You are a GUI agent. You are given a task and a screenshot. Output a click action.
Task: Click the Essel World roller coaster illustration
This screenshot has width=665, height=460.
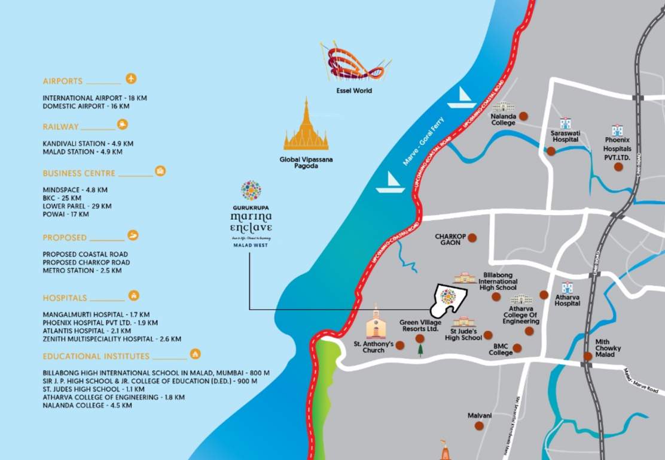(354, 62)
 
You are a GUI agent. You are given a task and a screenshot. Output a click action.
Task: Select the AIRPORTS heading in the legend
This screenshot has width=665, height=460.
(63, 81)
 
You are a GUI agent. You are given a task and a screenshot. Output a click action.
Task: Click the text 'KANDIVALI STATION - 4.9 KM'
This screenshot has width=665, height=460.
(88, 144)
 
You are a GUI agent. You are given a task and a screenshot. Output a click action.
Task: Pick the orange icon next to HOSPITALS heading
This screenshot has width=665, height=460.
(134, 296)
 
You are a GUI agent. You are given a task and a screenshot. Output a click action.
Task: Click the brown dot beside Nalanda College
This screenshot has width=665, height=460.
(523, 116)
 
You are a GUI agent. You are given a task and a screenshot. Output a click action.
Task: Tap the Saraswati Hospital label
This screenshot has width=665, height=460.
(565, 136)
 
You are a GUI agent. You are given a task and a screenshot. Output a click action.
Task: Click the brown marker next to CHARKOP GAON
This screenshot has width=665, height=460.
(472, 237)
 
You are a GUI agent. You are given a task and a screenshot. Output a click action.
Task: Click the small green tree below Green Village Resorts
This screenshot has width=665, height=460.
(420, 350)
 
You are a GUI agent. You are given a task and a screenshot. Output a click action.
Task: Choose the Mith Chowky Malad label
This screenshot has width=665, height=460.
(608, 348)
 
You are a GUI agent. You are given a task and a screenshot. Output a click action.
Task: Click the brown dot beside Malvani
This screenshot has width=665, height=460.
(479, 425)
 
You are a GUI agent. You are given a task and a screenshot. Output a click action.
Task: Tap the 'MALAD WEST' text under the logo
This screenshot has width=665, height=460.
(251, 246)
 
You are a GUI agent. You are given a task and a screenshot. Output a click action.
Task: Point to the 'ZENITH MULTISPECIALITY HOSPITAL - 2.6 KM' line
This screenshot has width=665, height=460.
(112, 339)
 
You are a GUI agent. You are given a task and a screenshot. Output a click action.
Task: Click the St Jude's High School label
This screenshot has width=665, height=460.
(463, 334)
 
